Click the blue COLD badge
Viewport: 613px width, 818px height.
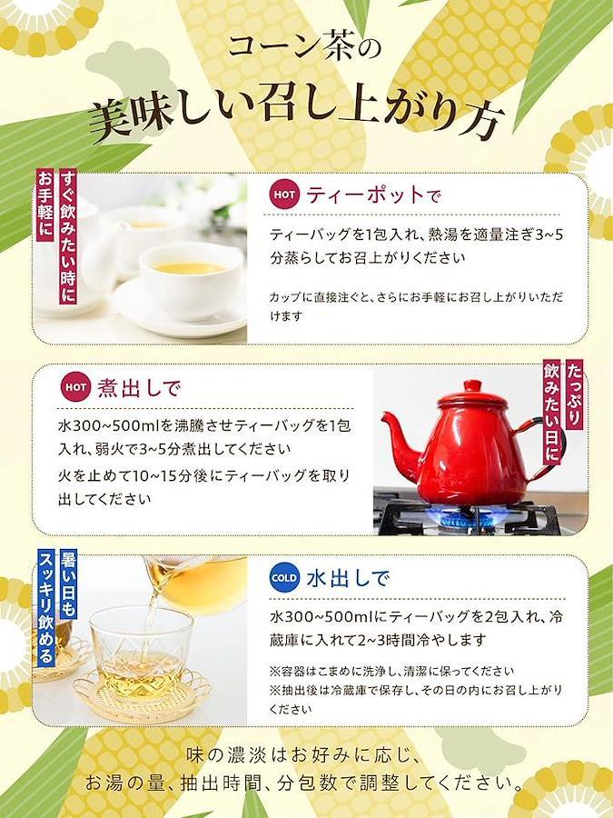284,577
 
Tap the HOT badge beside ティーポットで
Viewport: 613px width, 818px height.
284,195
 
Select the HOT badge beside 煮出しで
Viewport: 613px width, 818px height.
75,386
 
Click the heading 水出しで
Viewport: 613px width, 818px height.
348,578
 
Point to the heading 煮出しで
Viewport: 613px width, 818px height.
139,387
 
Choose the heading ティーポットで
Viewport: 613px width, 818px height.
373,195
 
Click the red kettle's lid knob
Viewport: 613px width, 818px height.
472,385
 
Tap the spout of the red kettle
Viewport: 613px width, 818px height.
400,436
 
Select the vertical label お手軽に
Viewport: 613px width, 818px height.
45,205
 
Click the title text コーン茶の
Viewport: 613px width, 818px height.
305,47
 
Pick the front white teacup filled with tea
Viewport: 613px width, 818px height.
192,280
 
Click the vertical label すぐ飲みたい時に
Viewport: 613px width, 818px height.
68,236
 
